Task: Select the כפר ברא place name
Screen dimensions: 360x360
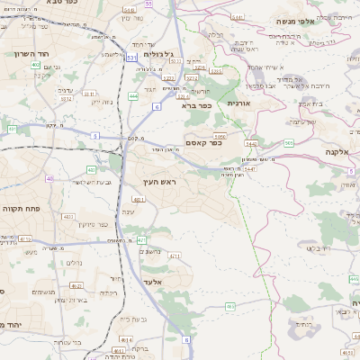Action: (x=196, y=104)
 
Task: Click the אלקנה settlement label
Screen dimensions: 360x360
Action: (x=332, y=152)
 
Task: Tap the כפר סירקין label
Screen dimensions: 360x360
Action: (x=93, y=224)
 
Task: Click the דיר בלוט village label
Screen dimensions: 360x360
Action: (x=319, y=247)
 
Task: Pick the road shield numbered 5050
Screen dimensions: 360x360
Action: (x=220, y=135)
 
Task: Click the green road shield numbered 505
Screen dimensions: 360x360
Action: (x=289, y=142)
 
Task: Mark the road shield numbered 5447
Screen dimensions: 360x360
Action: (x=249, y=167)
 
